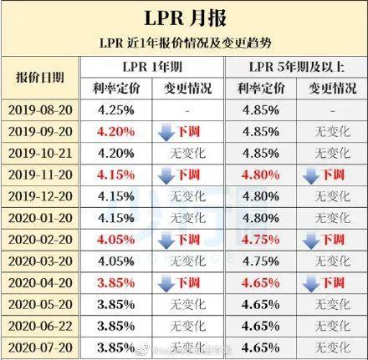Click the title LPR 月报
coord(183,19)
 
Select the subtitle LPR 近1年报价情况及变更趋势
coord(183,42)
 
